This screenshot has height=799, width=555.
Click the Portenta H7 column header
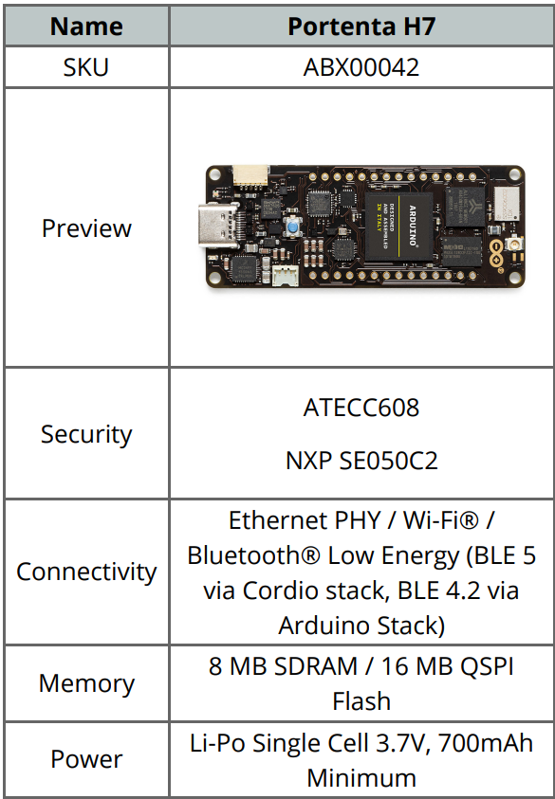point(361,27)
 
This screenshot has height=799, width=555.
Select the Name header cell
point(86,27)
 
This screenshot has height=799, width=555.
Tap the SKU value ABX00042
point(361,67)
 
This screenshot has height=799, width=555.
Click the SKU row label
point(86,67)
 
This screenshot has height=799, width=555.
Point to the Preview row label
point(86,227)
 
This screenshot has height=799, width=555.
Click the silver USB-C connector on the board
point(217,225)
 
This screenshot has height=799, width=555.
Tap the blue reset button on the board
point(293,227)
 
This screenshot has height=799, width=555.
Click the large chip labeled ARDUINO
point(398,226)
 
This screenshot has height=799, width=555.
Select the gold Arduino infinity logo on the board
point(496,254)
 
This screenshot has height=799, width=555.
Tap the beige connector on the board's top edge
point(251,175)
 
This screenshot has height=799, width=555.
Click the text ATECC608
point(361,408)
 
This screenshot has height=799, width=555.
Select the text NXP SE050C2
point(361,461)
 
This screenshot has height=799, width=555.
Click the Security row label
point(86,434)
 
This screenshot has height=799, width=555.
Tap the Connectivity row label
point(86,572)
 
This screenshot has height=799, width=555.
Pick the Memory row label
point(86,682)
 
